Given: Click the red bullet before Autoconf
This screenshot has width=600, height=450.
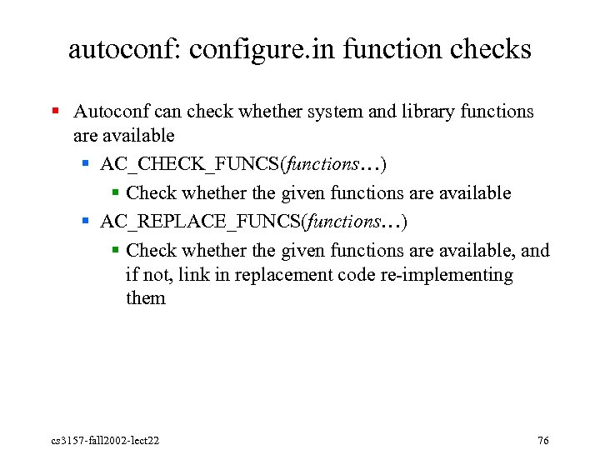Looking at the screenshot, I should coord(55,111).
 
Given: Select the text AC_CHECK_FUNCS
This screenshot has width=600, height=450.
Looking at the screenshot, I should coord(191,164).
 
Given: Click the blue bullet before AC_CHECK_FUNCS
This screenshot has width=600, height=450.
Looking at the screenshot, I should coord(87,164).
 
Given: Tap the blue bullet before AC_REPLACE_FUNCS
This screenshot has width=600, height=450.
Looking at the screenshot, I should coord(87,222).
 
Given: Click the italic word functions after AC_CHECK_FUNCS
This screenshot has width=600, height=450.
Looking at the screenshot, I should coord(321,164).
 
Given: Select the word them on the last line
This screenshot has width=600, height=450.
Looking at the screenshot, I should coord(146,297).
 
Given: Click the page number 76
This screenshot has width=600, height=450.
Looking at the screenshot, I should coord(543,440).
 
